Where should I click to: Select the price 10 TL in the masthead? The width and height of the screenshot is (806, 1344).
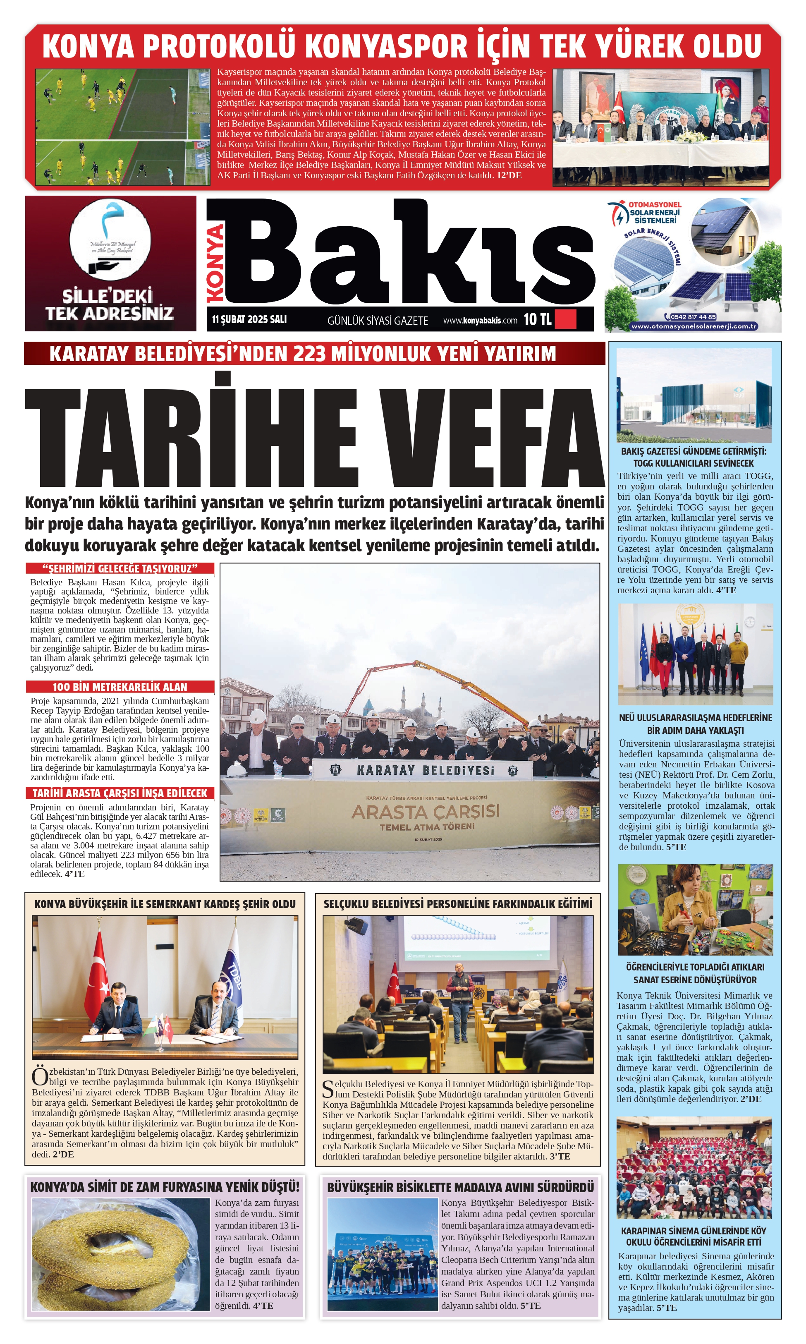537,319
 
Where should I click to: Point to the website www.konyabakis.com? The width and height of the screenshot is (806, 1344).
480,321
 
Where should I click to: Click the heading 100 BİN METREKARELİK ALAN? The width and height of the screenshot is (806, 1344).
120,687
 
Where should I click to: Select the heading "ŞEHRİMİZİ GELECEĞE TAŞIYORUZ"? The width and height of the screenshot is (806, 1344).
120,569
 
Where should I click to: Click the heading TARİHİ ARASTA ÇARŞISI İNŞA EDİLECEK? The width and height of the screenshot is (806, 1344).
120,793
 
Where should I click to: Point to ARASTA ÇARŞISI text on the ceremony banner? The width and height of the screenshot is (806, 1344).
425,812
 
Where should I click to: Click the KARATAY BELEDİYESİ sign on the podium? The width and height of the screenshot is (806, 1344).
425,770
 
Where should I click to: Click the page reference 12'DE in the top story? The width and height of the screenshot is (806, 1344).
509,175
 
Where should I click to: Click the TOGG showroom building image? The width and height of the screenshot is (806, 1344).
694,395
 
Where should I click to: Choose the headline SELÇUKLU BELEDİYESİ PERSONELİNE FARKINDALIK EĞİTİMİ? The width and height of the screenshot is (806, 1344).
458,904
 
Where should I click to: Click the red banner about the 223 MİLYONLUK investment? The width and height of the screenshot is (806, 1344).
314,354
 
